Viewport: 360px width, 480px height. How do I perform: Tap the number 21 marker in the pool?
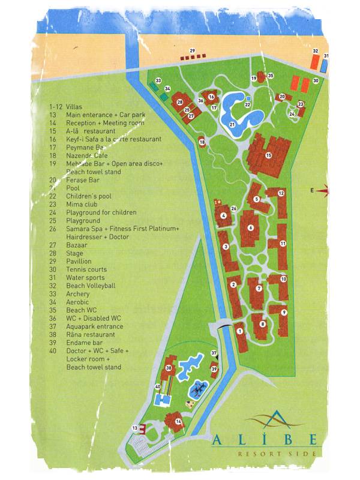point(232,125)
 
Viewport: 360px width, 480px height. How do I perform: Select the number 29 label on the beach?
point(193,50)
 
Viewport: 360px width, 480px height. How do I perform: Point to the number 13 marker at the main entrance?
point(136,427)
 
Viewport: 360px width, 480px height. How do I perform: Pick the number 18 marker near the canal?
point(202,142)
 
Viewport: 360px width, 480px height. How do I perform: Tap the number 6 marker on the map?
point(250,228)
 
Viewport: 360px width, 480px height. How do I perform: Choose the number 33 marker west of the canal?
point(158,80)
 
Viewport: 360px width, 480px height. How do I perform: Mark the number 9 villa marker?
point(283,312)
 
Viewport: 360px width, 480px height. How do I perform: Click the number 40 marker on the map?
point(158,387)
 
